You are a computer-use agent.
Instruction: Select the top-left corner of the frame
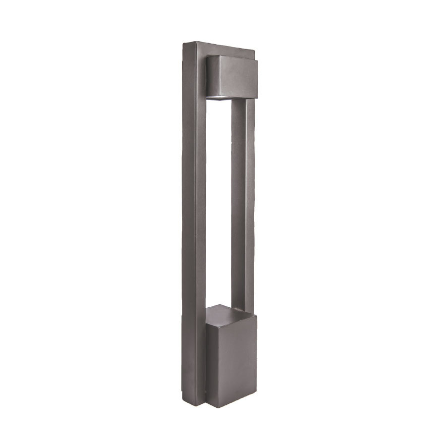[x=184, y=44]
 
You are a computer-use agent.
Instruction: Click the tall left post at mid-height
[x=195, y=223]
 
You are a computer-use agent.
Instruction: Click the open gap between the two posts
[x=219, y=198]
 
